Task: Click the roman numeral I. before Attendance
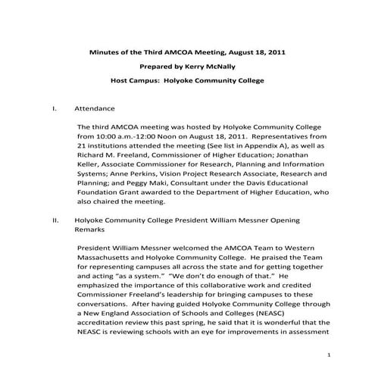pyautogui.click(x=55, y=108)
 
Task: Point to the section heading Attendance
pyautogui.click(x=94, y=108)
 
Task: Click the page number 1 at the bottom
pyautogui.click(x=329, y=355)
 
